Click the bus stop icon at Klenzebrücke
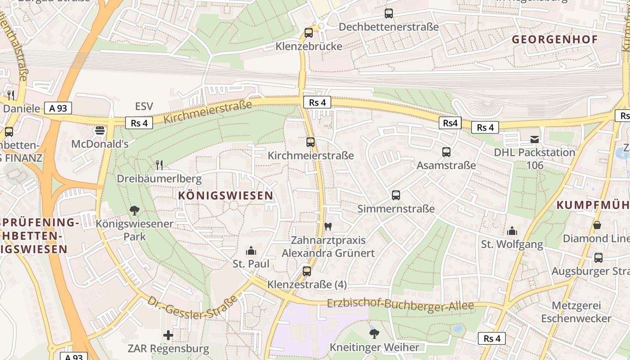tap(308, 33)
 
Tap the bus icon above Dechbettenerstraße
tap(389, 13)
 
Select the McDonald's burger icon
tap(100, 130)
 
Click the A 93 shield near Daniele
tap(58, 108)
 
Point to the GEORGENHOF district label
tap(555, 40)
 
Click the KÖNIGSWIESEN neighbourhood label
tap(225, 195)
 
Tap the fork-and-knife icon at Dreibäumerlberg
tap(159, 165)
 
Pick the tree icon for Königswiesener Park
tap(134, 210)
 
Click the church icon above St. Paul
tap(251, 251)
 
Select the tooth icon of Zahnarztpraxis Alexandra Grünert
tap(328, 226)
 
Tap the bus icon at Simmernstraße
tap(396, 195)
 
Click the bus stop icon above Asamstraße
tap(446, 152)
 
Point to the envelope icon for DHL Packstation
tap(534, 139)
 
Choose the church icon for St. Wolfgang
tap(512, 231)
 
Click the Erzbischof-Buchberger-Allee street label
tap(400, 305)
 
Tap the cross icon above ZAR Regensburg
tap(168, 335)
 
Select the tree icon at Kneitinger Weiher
tap(374, 333)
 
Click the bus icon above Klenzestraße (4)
tap(307, 271)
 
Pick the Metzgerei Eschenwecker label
tap(570, 312)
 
